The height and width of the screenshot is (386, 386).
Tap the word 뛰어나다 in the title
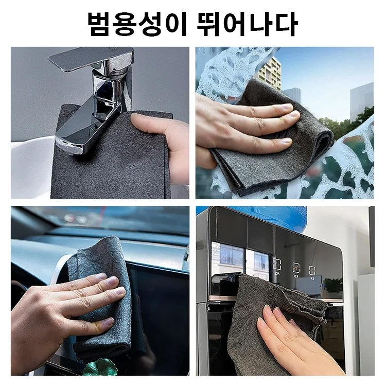(247, 23)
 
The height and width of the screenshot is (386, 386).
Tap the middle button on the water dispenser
(296, 268)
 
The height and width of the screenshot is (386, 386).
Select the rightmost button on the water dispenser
(312, 270)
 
